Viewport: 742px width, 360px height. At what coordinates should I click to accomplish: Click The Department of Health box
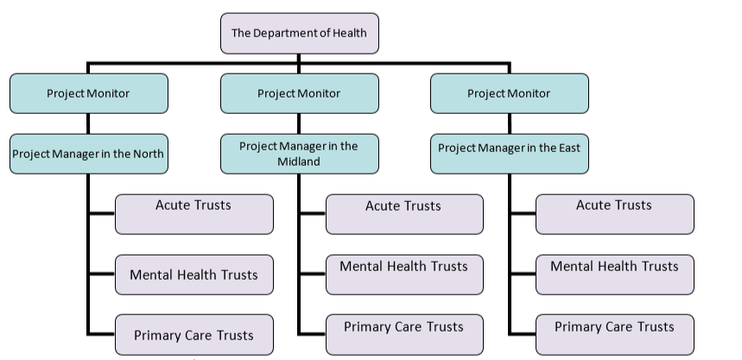[299, 34]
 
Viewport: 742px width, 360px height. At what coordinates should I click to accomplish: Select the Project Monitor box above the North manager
[88, 93]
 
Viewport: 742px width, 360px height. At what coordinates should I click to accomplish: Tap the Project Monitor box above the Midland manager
[299, 93]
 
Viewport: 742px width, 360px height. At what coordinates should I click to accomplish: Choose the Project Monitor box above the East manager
[509, 93]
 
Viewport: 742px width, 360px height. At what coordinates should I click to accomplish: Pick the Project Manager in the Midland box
[299, 154]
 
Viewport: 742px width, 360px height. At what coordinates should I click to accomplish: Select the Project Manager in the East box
[509, 148]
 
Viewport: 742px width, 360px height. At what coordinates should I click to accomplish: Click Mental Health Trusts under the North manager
[193, 275]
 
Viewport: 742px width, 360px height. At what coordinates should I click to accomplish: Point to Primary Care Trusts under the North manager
[193, 335]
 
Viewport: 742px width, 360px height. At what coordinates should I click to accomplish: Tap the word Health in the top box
[348, 34]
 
